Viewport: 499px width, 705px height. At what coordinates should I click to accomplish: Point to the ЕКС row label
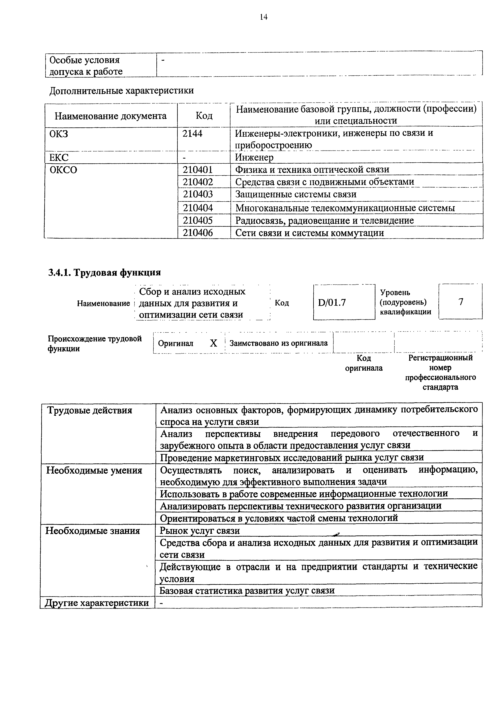pyautogui.click(x=59, y=158)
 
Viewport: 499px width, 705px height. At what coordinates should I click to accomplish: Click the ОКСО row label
pyautogui.click(x=63, y=170)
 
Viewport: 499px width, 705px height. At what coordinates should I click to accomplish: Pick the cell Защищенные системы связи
pyautogui.click(x=296, y=194)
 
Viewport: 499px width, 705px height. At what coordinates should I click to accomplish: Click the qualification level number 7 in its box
pyautogui.click(x=461, y=302)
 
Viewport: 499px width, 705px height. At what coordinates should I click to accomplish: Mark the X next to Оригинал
pyautogui.click(x=213, y=343)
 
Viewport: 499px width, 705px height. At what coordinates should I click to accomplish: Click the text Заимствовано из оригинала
pyautogui.click(x=279, y=343)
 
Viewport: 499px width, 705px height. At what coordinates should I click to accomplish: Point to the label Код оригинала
pyautogui.click(x=364, y=363)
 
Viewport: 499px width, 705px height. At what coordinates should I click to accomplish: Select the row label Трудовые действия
pyautogui.click(x=89, y=411)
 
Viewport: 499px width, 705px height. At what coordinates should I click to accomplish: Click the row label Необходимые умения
pyautogui.click(x=94, y=471)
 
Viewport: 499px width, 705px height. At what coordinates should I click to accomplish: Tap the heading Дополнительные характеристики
pyautogui.click(x=122, y=91)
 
